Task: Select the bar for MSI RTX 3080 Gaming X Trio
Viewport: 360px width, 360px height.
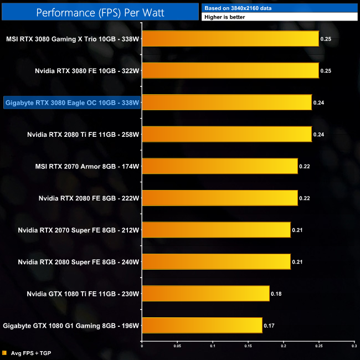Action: tap(230, 39)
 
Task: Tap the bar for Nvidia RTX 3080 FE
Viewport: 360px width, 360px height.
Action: tap(230, 70)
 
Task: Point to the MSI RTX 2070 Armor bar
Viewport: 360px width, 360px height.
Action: tap(220, 166)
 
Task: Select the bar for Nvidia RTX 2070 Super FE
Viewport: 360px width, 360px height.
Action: tap(217, 229)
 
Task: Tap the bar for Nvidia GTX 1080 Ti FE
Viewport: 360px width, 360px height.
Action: tap(205, 293)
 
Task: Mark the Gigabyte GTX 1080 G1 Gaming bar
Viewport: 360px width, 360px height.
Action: tap(202, 325)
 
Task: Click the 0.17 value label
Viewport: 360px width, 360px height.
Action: tap(269, 325)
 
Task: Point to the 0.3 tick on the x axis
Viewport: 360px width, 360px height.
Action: tap(354, 346)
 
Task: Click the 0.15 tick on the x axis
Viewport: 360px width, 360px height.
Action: tap(248, 346)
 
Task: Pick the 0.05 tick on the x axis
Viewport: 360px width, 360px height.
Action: tap(177, 346)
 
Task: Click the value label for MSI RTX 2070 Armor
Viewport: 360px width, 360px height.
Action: tap(305, 166)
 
